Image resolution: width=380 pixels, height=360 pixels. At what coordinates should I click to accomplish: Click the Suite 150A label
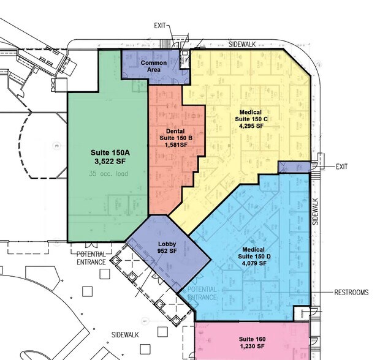[x=110, y=152]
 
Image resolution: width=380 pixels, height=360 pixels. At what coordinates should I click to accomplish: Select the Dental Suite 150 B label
[x=176, y=138]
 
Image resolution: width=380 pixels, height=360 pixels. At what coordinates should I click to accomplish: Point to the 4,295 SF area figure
[x=251, y=126]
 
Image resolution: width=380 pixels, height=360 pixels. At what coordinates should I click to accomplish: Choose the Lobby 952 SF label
[x=167, y=247]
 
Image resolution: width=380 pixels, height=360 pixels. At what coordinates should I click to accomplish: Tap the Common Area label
[x=154, y=66]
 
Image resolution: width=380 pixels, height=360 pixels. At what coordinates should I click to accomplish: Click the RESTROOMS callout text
[x=351, y=292]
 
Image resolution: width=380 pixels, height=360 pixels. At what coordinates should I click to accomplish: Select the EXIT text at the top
[x=160, y=26]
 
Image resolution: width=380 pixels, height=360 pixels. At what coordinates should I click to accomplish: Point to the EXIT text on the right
[x=342, y=167]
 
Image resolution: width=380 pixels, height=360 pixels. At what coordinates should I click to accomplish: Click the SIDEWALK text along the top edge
[x=242, y=44]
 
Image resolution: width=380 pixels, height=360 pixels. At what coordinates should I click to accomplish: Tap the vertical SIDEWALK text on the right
[x=315, y=212]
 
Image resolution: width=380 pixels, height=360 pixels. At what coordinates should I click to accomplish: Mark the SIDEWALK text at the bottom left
[x=125, y=335]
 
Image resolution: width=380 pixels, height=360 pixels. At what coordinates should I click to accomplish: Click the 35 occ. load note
[x=108, y=174]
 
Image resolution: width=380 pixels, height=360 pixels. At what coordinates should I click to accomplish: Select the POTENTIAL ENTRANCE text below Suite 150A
[x=91, y=258]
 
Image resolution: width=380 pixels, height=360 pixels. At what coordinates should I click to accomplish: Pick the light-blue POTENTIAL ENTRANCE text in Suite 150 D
[x=202, y=293]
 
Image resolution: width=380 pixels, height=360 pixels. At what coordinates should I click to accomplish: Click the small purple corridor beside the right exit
[x=294, y=167]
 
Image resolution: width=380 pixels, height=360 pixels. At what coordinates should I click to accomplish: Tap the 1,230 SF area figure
[x=252, y=347]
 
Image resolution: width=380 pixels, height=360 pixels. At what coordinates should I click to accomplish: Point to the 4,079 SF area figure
[x=254, y=263]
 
